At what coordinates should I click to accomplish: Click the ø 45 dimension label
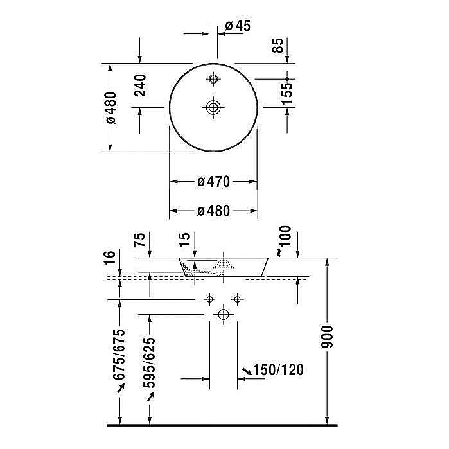[237, 26]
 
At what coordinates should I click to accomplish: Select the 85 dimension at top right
[277, 46]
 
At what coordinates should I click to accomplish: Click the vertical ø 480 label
[110, 107]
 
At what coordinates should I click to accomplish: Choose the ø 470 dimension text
[213, 182]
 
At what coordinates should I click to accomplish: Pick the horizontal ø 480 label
[213, 211]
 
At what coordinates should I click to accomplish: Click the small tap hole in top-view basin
[213, 79]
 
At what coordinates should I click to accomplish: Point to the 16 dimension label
[110, 260]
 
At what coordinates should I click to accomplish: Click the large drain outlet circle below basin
[223, 314]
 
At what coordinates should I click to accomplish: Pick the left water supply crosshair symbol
[209, 299]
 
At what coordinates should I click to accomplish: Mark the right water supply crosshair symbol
[237, 299]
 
